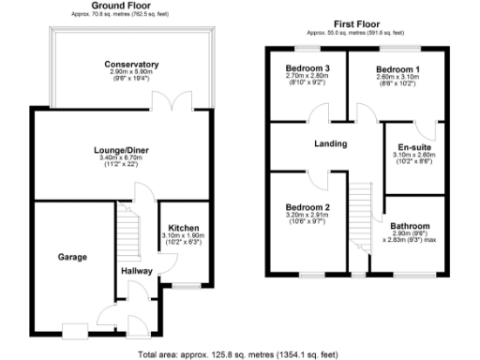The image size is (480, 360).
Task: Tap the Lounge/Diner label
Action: [120, 149]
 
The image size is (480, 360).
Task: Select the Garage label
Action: [72, 257]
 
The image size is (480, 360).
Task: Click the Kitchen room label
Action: [182, 228]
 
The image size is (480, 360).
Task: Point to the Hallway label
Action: [138, 271]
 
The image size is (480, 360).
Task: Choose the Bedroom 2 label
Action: [308, 207]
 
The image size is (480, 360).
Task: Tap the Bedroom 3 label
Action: [307, 69]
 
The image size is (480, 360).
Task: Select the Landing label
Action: [330, 143]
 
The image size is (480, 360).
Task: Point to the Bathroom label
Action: [411, 226]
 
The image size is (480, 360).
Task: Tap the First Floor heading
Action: [355, 22]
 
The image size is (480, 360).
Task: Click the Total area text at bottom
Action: [240, 354]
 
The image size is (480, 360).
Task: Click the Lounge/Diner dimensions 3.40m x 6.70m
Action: [120, 157]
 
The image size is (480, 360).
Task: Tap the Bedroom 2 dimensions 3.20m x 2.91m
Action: [308, 216]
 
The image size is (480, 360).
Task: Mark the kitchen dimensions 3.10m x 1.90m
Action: [182, 236]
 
